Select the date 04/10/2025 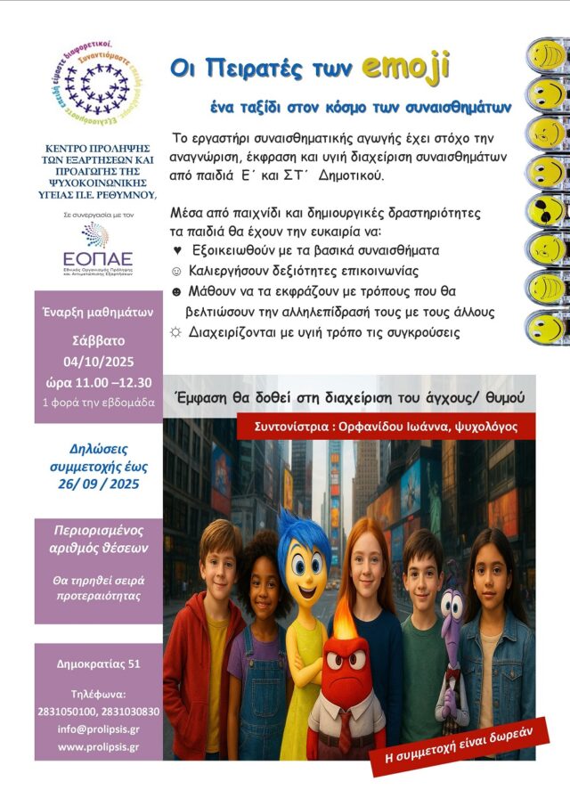click(x=98, y=362)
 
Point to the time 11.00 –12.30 click(x=98, y=382)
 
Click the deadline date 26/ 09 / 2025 click(x=98, y=484)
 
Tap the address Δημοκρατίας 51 click(x=98, y=664)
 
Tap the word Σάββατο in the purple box click(x=98, y=340)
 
